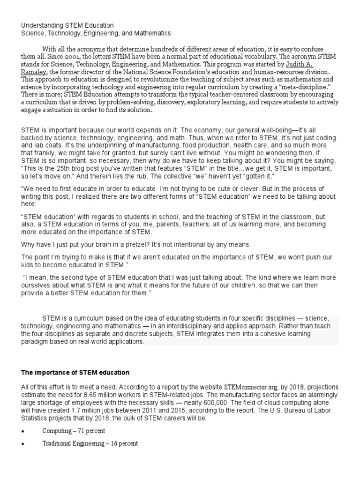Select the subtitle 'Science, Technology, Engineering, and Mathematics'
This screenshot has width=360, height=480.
[96, 33]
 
